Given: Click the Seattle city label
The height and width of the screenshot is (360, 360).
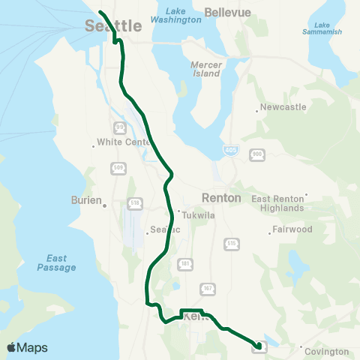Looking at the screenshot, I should (x=112, y=26).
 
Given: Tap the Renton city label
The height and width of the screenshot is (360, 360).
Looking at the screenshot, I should (x=221, y=198).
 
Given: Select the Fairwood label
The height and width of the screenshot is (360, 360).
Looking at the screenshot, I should (x=292, y=229).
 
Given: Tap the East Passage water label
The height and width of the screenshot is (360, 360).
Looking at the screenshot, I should (x=56, y=262).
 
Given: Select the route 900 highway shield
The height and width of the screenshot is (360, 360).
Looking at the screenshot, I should (x=257, y=153).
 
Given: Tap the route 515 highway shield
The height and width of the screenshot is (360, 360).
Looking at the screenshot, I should (x=231, y=244).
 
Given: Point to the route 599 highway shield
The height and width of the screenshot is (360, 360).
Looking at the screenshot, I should (x=118, y=169).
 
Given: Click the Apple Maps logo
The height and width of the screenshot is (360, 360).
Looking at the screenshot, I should (x=27, y=347).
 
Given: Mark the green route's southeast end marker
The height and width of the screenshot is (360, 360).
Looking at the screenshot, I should (x=259, y=346).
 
